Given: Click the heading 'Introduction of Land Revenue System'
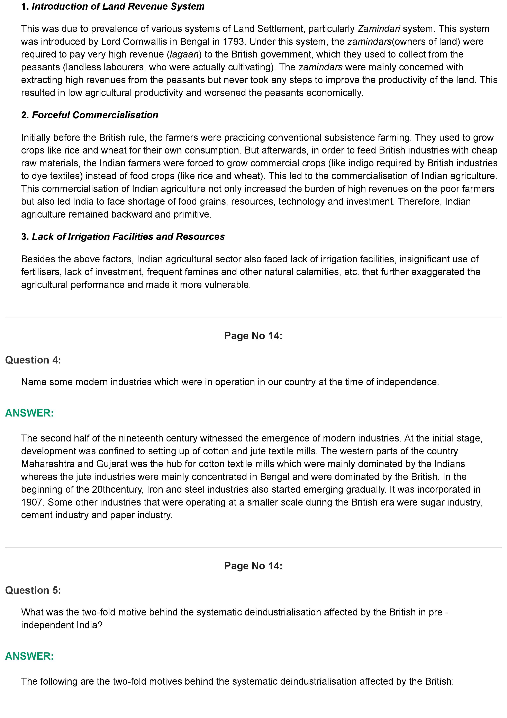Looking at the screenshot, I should pos(118,7).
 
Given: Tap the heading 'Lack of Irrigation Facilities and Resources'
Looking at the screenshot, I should pos(128,237).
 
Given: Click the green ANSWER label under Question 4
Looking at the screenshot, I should pos(29,413).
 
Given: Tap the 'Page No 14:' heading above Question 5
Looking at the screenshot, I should pos(253,566).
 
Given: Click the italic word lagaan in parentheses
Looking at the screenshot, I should pos(184,54).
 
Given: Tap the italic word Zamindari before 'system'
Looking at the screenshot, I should pos(379,29).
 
